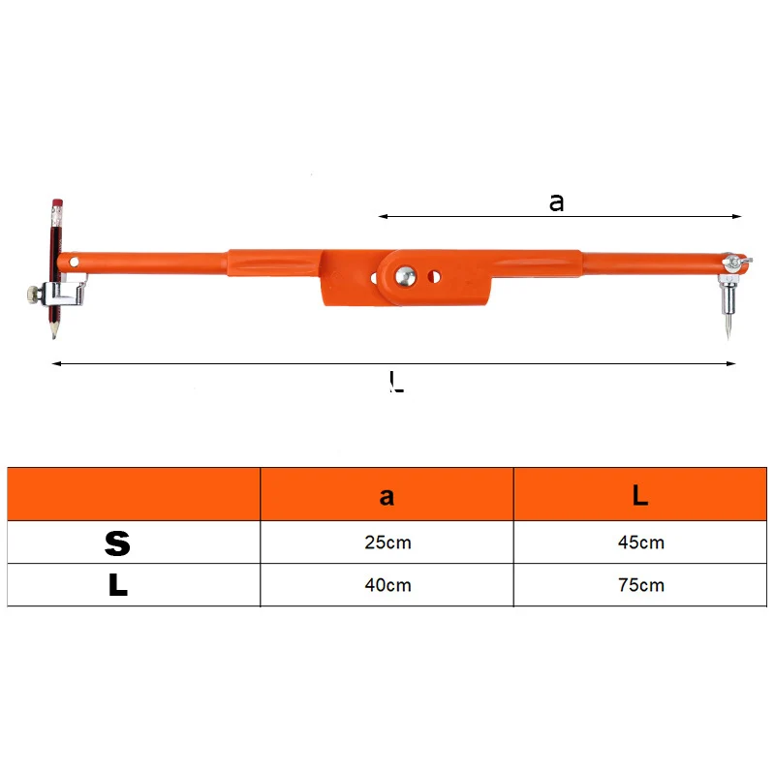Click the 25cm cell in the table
tap(387, 542)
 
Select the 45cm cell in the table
tap(640, 542)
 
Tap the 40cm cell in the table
tap(387, 585)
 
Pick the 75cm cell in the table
tap(640, 585)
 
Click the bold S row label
tap(117, 543)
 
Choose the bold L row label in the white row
tap(118, 585)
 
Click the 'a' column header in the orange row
tap(387, 496)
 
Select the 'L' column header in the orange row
tap(640, 495)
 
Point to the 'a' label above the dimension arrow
tap(556, 202)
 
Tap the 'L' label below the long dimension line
tap(396, 381)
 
